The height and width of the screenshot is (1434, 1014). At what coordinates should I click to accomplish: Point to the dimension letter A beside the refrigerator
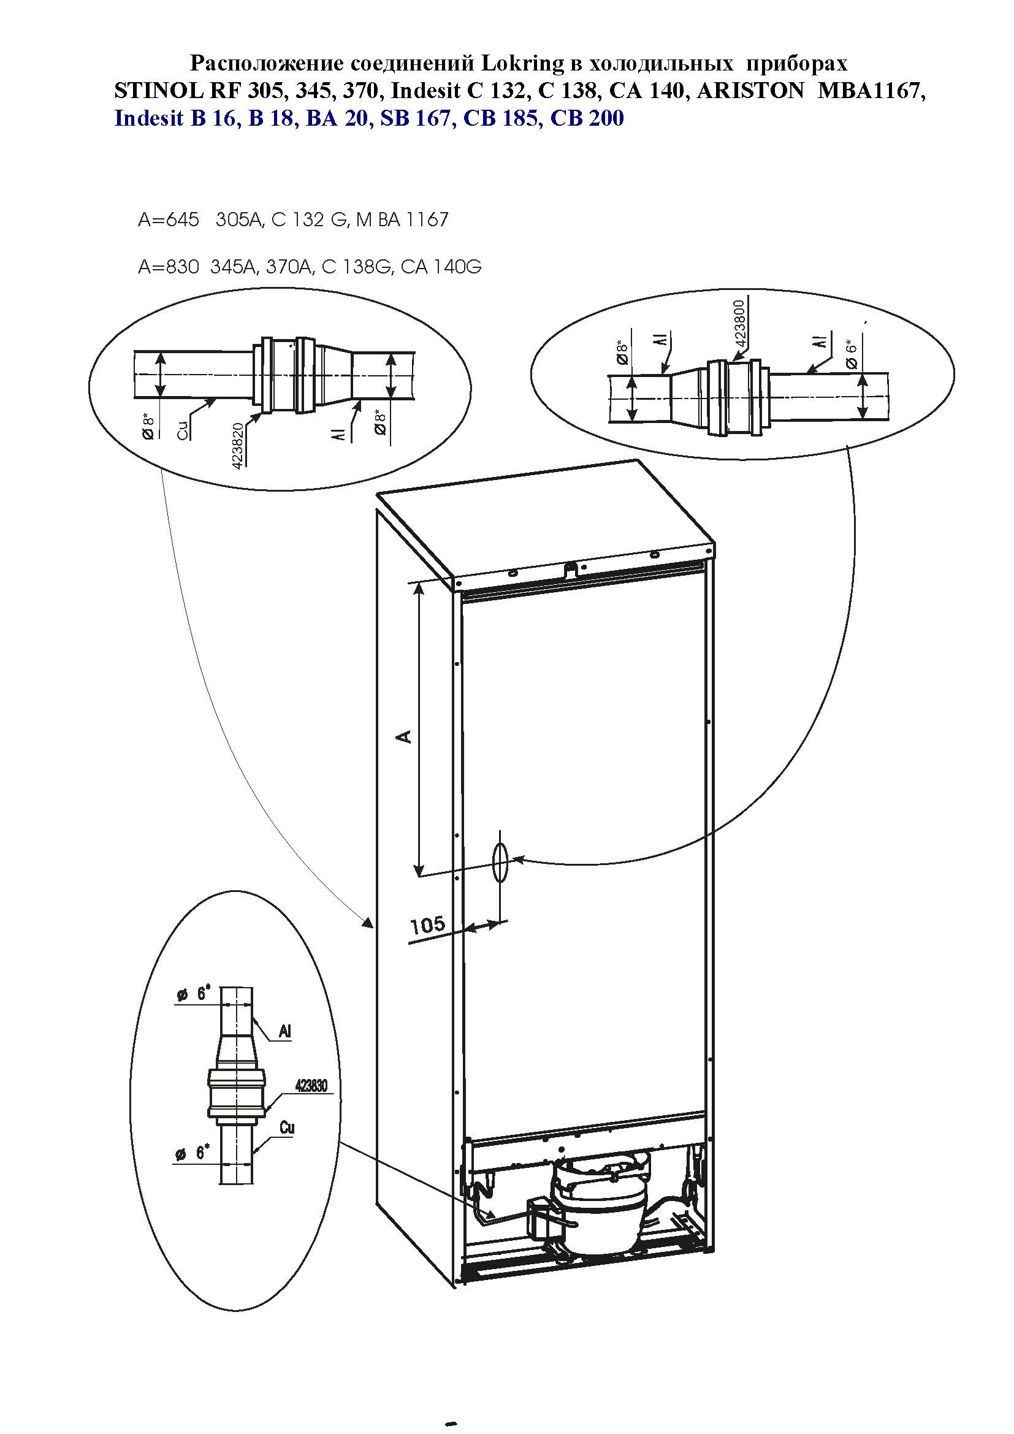[405, 736]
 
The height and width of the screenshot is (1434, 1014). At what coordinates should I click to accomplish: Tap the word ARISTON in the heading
[750, 91]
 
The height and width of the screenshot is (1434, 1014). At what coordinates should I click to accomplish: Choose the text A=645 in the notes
[169, 220]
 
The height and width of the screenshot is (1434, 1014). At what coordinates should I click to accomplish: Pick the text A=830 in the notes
[169, 267]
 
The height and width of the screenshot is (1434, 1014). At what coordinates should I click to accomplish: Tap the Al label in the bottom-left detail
[284, 1031]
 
